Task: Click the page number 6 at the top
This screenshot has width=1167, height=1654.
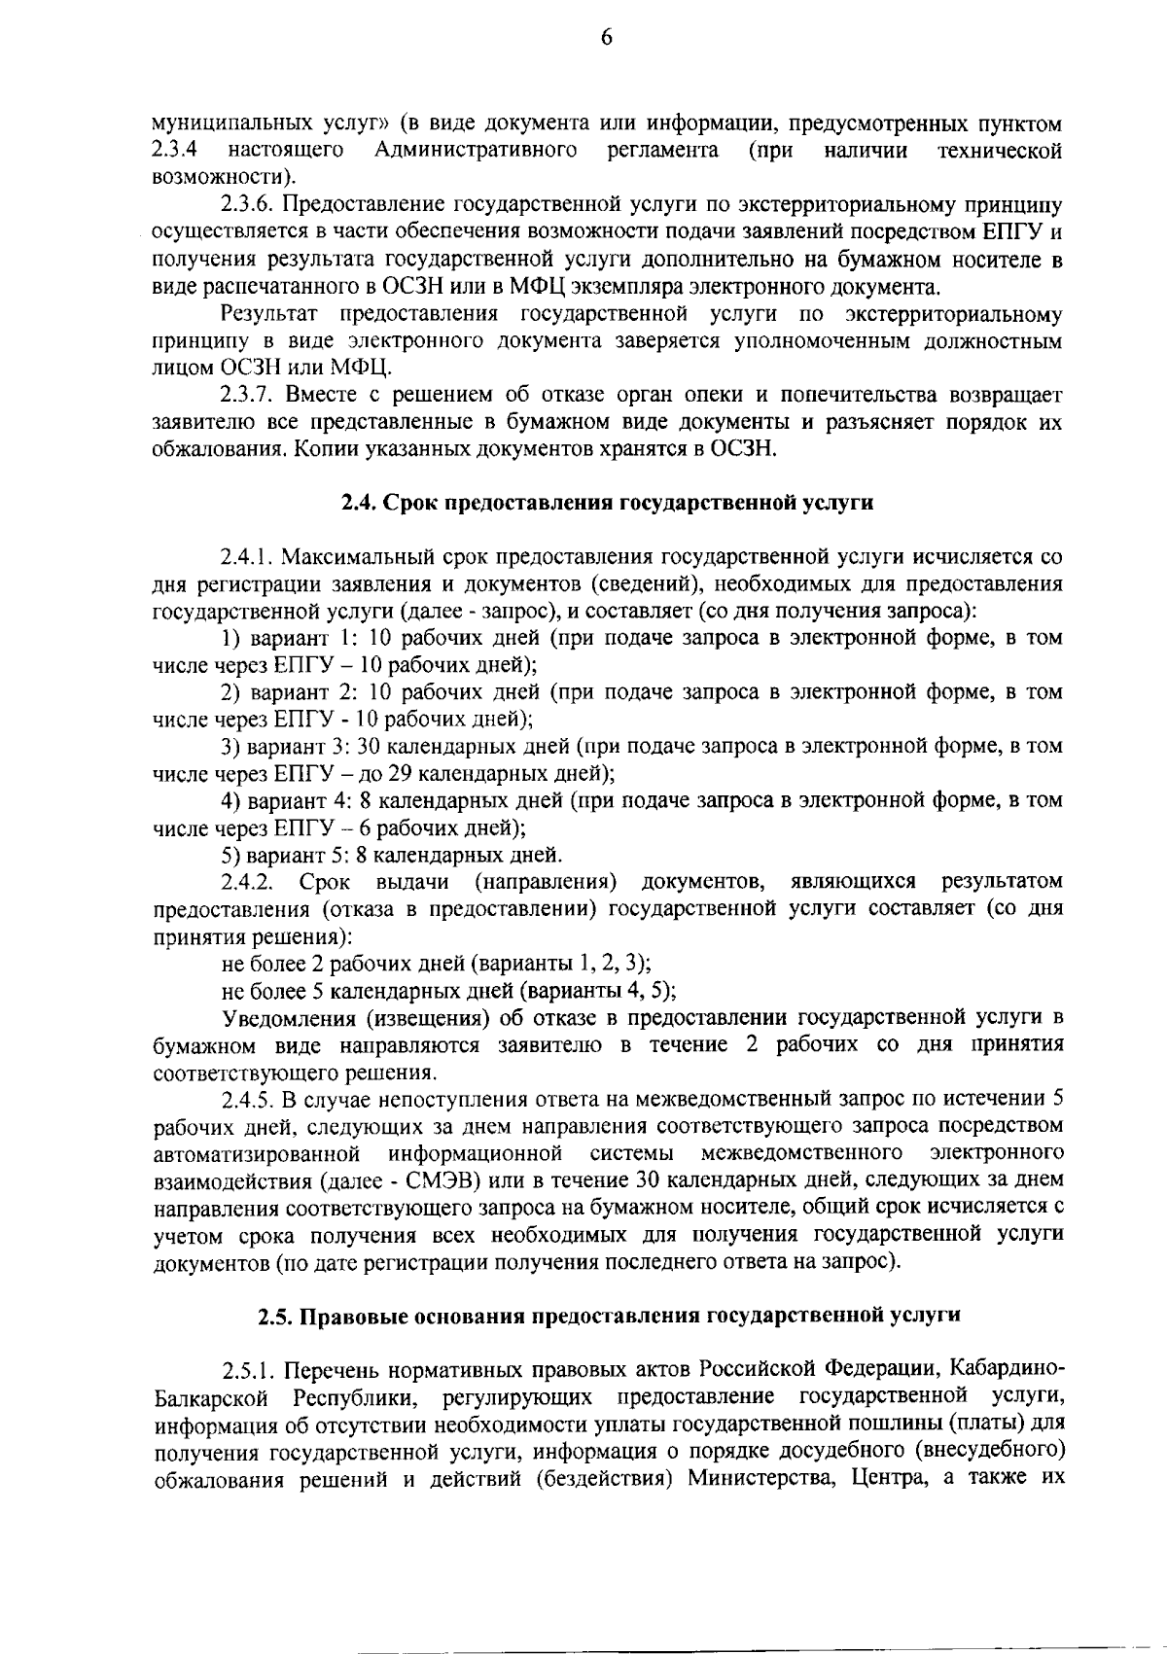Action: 606,38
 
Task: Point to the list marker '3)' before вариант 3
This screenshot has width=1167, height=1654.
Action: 230,748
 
